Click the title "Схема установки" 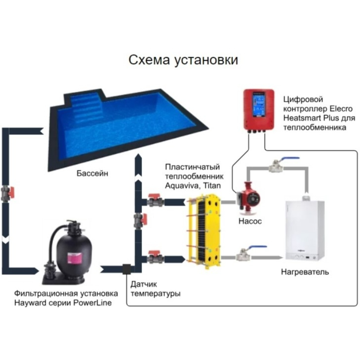[x=183, y=60]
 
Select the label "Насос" [x=250, y=221]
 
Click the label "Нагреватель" [x=305, y=272]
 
